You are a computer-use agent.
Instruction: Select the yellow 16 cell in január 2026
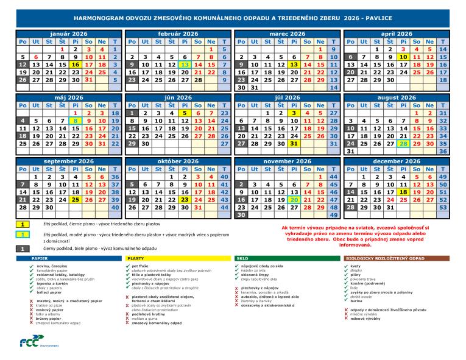[75, 64]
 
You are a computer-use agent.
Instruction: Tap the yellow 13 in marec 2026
[294, 64]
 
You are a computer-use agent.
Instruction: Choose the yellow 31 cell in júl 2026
[294, 144]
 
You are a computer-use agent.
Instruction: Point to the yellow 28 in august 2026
[403, 144]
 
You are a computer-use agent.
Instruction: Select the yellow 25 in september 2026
[75, 199]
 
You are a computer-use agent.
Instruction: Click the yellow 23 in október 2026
[184, 199]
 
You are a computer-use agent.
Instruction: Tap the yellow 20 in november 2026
[294, 199]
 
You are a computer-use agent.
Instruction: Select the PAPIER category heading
[40, 259]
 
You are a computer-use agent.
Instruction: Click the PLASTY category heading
[136, 259]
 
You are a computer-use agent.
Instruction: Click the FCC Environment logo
[32, 342]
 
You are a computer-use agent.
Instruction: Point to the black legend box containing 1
[21, 248]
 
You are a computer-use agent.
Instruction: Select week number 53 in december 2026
[443, 207]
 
